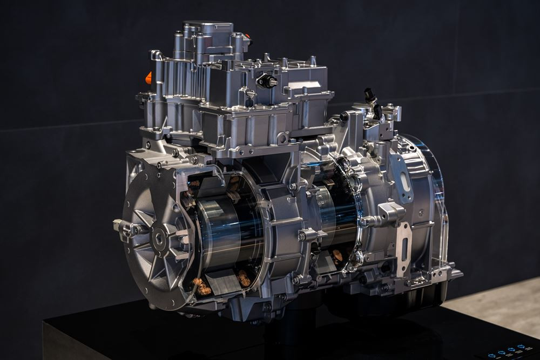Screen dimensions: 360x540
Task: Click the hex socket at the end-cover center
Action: [158, 236]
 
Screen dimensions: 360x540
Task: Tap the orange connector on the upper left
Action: [148, 78]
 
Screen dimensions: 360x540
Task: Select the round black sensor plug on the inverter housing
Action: [267, 81]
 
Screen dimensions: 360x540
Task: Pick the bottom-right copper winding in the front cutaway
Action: [244, 278]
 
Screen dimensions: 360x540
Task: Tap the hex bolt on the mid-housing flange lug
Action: [302, 236]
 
